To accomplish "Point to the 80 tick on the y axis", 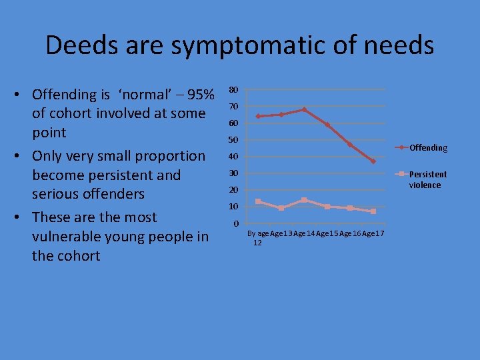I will [x=233, y=90].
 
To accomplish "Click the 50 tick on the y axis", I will [x=233, y=140].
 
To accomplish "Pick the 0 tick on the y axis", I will [x=235, y=223].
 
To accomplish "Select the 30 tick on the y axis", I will [x=233, y=173].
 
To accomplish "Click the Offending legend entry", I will [x=428, y=147].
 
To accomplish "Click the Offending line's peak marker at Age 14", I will [x=304, y=109].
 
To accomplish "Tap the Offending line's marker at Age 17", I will [x=373, y=161].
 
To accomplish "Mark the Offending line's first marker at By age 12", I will [x=258, y=116].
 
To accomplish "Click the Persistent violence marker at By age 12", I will [x=258, y=201].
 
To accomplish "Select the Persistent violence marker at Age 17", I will [x=373, y=211].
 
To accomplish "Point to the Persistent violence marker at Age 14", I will [x=304, y=200].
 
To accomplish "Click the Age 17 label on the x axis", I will [x=373, y=233].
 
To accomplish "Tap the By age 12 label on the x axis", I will [x=258, y=237].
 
